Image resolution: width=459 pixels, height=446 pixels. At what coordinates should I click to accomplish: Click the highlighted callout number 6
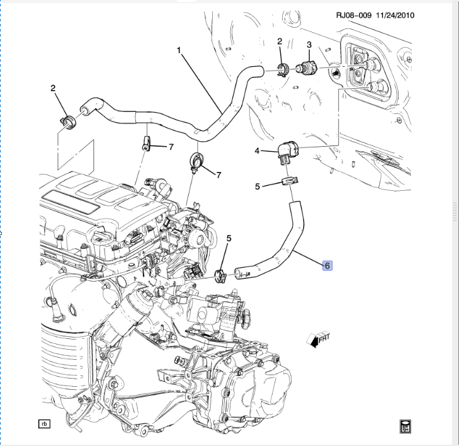[x=328, y=266]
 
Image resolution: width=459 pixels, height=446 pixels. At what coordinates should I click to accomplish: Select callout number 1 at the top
[x=179, y=49]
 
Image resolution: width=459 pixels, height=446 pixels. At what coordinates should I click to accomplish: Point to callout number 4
[x=257, y=151]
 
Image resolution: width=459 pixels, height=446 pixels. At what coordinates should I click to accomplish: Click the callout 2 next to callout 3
[x=280, y=42]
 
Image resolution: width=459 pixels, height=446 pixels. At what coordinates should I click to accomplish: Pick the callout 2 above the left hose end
[x=54, y=88]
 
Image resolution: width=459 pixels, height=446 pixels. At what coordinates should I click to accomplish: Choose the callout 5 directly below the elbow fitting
[x=258, y=186]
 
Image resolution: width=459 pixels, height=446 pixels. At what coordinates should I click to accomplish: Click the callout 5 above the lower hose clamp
[x=229, y=238]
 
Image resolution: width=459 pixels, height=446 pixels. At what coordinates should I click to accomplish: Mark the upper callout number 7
[x=170, y=147]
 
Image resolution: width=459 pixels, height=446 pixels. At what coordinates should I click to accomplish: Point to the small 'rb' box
[x=44, y=424]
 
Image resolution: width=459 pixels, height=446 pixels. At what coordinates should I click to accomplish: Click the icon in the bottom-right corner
[x=405, y=425]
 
